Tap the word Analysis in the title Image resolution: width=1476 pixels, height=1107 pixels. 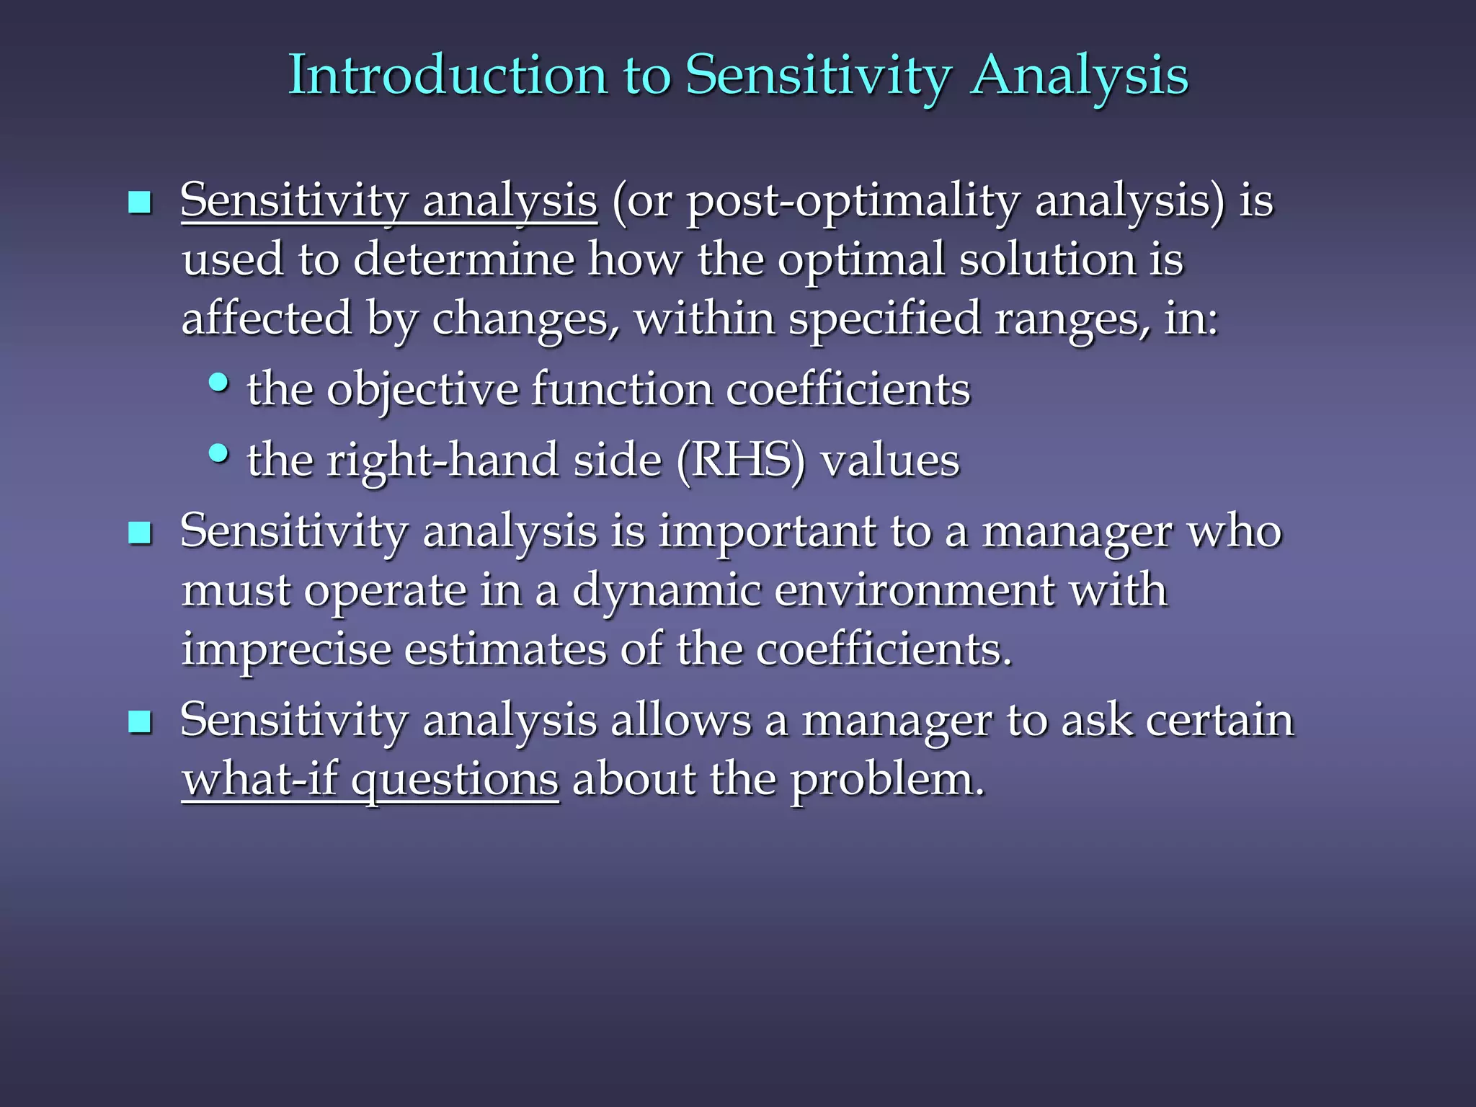pyautogui.click(x=1078, y=75)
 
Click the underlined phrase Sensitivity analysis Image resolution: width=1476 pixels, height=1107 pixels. pyautogui.click(x=389, y=200)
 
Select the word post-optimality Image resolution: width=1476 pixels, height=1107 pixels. pyautogui.click(x=853, y=202)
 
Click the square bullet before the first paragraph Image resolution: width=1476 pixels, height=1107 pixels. pyautogui.click(x=139, y=203)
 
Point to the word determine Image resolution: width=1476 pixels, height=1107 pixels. pyautogui.click(x=463, y=259)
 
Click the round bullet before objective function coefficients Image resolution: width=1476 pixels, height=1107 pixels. pyautogui.click(x=218, y=383)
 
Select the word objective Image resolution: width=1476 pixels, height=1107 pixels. pyautogui.click(x=422, y=391)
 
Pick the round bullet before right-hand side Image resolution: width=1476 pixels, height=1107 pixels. pyautogui.click(x=218, y=453)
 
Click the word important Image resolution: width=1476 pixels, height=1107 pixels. pyautogui.click(x=767, y=532)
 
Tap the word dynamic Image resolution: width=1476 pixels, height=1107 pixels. pyautogui.click(x=666, y=591)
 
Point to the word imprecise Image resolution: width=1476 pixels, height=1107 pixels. pyautogui.click(x=285, y=649)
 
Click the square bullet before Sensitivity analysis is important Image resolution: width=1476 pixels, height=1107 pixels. pyautogui.click(x=139, y=533)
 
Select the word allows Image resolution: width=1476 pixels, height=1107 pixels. pyautogui.click(x=680, y=720)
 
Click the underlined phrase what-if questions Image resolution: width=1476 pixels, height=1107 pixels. pyautogui.click(x=370, y=780)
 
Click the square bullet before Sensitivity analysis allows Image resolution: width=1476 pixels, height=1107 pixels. pyautogui.click(x=139, y=721)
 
